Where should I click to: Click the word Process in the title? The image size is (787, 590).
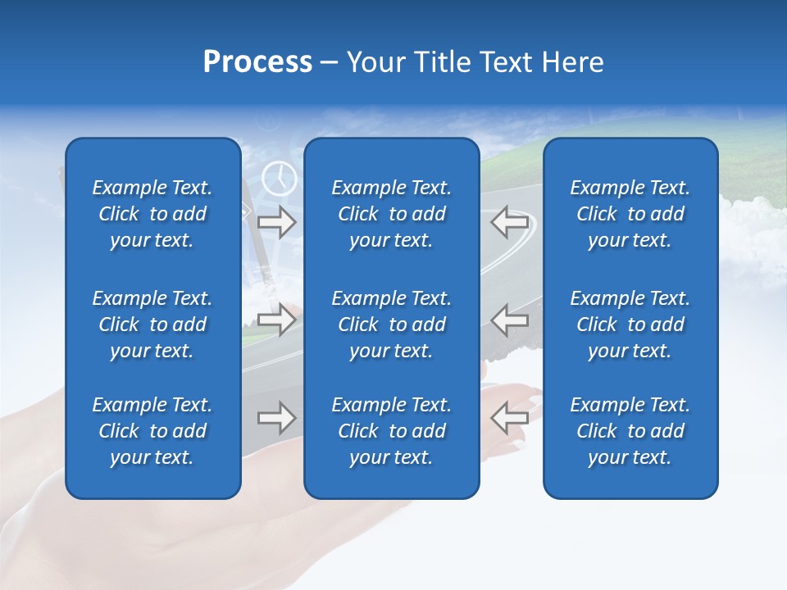[257, 62]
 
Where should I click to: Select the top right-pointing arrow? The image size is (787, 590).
[277, 222]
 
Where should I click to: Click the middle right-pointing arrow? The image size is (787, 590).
[277, 320]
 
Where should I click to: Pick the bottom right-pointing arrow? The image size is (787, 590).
[277, 418]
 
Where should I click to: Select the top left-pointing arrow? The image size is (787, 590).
[509, 222]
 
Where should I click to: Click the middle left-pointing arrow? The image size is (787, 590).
[509, 320]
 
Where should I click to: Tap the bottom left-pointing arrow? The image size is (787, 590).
[509, 418]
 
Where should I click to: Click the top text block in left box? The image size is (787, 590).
[152, 214]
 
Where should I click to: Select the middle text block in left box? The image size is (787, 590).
[152, 324]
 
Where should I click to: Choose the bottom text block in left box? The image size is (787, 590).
[152, 431]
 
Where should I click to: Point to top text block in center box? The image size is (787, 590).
[392, 214]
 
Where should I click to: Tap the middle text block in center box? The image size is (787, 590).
[392, 324]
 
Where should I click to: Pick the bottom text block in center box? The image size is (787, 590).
[392, 431]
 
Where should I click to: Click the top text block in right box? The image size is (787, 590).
[630, 214]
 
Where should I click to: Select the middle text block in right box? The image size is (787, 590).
[630, 324]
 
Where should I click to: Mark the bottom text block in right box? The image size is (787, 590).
[630, 431]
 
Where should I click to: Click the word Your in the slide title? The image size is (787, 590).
[375, 62]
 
